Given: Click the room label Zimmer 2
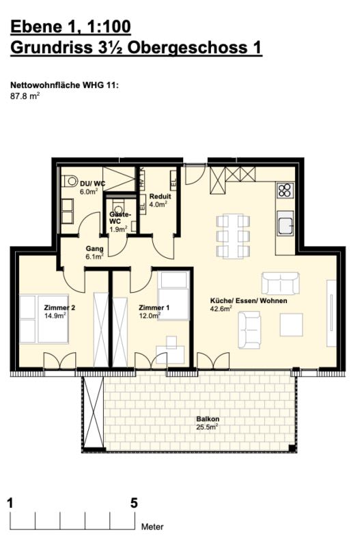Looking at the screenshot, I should click(x=59, y=308).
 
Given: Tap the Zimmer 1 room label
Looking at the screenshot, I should click(x=153, y=308).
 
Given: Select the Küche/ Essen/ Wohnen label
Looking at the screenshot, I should click(x=248, y=300).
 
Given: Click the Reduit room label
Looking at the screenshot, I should click(x=160, y=196).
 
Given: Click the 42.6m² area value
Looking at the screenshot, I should click(x=221, y=308).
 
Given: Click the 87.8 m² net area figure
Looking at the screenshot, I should click(x=24, y=96).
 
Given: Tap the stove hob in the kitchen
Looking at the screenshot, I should click(x=285, y=190).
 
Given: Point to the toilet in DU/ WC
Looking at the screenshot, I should click(x=69, y=182).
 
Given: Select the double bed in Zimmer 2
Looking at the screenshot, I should click(x=42, y=318).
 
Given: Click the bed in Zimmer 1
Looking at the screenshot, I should click(x=174, y=295).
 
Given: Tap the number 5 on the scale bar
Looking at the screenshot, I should click(x=134, y=504).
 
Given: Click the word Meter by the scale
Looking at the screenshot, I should click(x=152, y=527).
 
